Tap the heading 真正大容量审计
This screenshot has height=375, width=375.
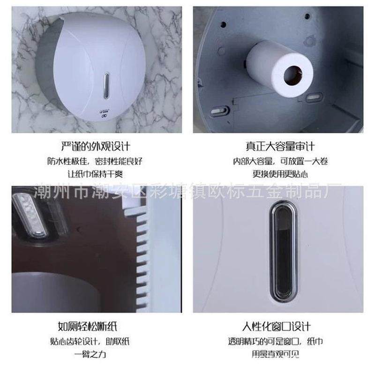280,145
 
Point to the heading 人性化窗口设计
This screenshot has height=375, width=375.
281,326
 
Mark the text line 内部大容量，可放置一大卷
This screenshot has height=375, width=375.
280,161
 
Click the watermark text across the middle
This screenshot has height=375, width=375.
187,191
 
